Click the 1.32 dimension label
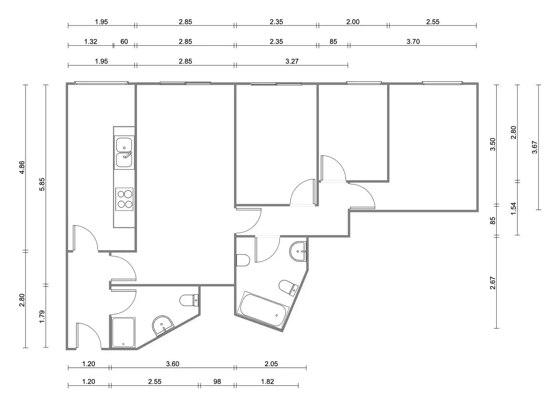tap(91, 42)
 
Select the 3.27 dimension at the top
tap(292, 61)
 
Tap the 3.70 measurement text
tap(413, 42)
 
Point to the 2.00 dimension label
tap(353, 22)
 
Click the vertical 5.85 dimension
tap(42, 184)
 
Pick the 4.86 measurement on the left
tap(22, 168)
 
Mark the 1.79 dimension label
tap(42, 316)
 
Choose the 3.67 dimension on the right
tap(535, 147)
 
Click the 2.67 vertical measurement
tap(493, 283)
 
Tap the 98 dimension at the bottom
tap(217, 382)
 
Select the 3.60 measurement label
tap(173, 364)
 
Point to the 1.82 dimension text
tap(267, 382)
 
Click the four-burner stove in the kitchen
tap(124, 199)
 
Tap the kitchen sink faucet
tap(128, 155)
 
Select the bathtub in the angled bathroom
tap(263, 311)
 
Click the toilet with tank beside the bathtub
tap(289, 288)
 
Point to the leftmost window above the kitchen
tap(101, 83)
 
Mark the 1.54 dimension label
tap(514, 209)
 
